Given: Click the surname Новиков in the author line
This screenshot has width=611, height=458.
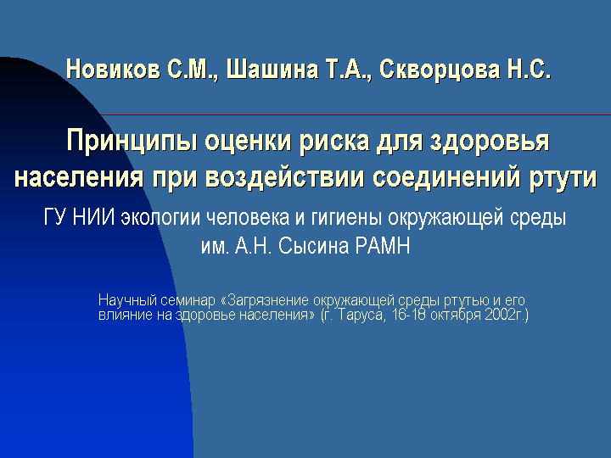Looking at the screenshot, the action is (113, 70).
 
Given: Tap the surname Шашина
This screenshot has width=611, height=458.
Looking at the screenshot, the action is (272, 70).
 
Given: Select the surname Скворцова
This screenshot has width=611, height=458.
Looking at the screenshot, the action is (440, 70).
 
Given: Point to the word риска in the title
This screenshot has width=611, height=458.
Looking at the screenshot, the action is (334, 141).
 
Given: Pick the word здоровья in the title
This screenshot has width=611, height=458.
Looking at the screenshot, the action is (490, 141).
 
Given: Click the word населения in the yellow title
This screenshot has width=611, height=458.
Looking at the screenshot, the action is (79, 177).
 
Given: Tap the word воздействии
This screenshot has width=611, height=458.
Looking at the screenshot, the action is (284, 177).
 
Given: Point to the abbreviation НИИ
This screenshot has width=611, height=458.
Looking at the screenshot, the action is (93, 216).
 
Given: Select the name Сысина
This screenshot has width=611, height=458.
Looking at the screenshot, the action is (313, 246).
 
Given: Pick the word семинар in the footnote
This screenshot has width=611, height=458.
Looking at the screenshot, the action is (188, 300).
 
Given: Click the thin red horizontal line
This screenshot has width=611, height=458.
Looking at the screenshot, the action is (356, 114).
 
